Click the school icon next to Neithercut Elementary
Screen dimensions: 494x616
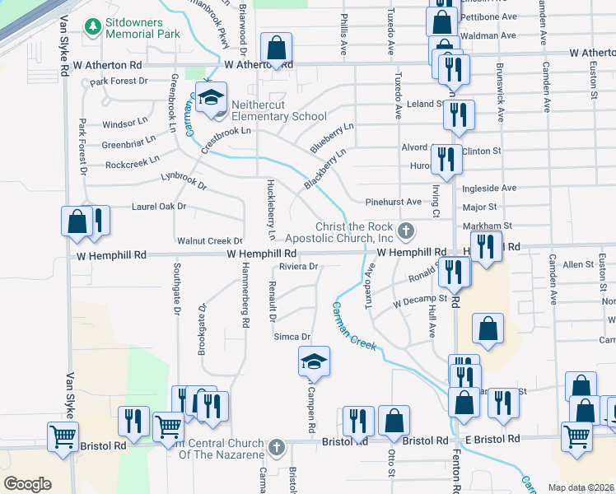coord(211,97)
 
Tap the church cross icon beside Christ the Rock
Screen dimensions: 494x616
coord(404,230)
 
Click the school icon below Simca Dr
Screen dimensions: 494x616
coord(314,361)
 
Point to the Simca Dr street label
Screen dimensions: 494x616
coord(292,337)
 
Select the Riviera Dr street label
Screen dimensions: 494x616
coord(298,267)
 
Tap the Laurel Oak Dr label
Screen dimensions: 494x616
coord(159,207)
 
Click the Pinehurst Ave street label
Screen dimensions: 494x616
coord(393,202)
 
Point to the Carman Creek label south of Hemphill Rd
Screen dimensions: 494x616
coord(354,326)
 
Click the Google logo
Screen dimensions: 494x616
coord(27,483)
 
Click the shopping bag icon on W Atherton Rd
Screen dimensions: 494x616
coord(277,49)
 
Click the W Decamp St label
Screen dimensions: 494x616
coord(419,301)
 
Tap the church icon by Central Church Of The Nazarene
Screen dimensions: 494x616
coord(277,449)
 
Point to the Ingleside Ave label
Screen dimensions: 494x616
coord(489,188)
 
